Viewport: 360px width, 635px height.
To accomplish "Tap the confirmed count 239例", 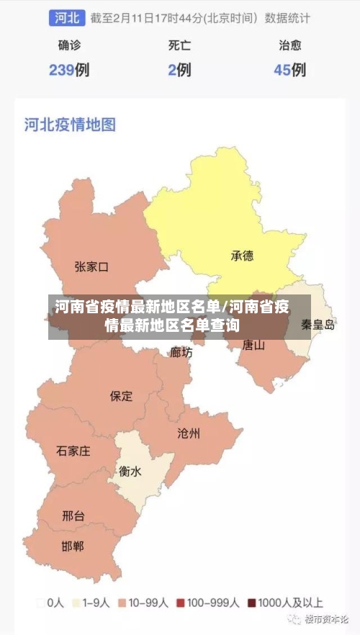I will [x=69, y=70].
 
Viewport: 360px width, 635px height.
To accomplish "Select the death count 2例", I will [x=179, y=70].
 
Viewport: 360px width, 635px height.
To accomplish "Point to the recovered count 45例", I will [x=289, y=70].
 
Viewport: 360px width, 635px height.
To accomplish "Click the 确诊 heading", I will [x=69, y=45].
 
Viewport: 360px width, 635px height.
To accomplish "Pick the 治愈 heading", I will [x=289, y=45].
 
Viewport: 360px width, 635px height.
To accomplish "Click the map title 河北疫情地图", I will [x=70, y=125].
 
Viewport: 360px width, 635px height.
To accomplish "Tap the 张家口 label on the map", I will [x=91, y=267].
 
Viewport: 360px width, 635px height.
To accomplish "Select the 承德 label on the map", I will [x=242, y=256].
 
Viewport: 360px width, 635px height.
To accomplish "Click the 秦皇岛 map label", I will [x=318, y=325].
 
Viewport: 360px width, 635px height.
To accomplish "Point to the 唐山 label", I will [x=253, y=345].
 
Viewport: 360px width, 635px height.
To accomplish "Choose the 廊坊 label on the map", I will [x=181, y=352].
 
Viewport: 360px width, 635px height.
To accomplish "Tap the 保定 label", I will [x=121, y=395].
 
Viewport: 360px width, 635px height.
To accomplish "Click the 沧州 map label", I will [x=189, y=433].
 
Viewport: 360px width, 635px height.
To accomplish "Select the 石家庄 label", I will [x=73, y=451].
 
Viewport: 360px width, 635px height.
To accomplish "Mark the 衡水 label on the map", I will [x=130, y=472].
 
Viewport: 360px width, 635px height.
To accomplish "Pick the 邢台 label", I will [x=73, y=515].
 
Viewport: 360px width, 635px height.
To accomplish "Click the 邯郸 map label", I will [x=73, y=546].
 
